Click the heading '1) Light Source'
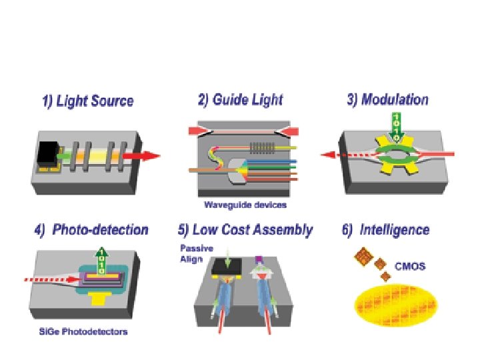[87, 101]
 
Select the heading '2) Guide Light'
[240, 100]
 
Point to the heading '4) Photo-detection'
[91, 230]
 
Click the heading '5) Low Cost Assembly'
[245, 230]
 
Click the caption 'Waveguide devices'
[246, 205]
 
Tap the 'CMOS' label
[410, 265]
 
